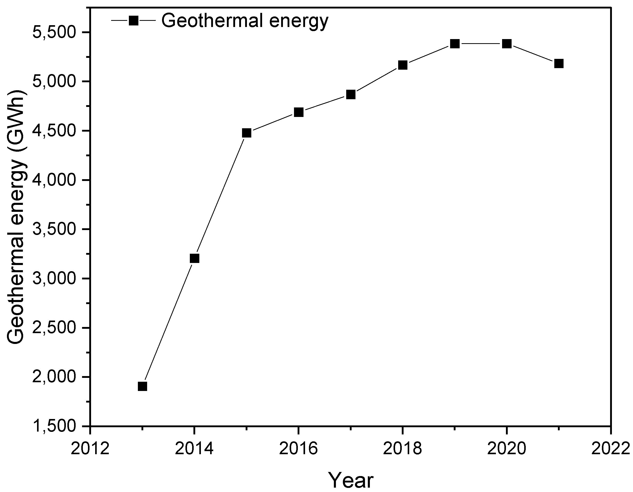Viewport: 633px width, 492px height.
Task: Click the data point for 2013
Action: click(142, 386)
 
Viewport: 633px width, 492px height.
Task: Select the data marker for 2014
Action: click(194, 258)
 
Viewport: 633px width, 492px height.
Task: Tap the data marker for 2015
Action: click(246, 133)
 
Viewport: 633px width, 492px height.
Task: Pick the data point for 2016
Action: click(299, 112)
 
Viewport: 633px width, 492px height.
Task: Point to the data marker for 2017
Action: click(351, 94)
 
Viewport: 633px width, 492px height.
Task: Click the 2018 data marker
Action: click(403, 65)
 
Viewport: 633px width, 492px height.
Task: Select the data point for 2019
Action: click(455, 44)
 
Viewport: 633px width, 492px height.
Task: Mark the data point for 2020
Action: click(507, 44)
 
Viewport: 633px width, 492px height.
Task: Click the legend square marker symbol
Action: click(133, 20)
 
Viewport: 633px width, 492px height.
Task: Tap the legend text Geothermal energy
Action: click(245, 21)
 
